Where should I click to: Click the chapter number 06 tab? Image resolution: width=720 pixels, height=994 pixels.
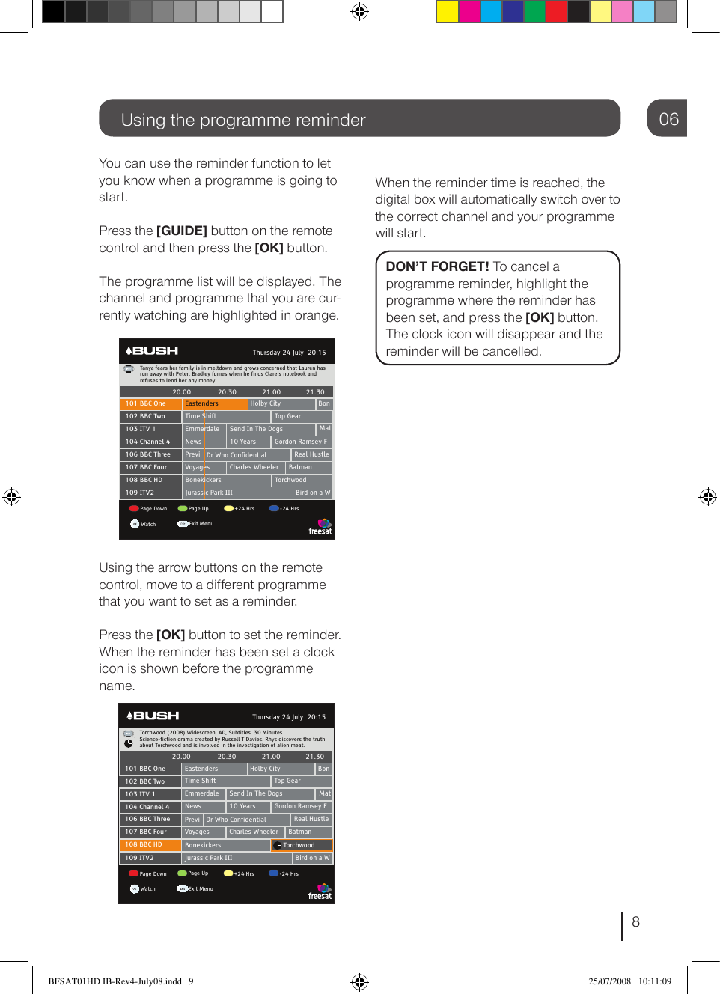[x=668, y=119]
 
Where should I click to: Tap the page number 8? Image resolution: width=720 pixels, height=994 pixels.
[x=635, y=922]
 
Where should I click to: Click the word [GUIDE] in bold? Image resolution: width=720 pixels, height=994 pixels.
[x=181, y=231]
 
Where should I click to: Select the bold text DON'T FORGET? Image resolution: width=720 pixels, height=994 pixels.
[x=437, y=267]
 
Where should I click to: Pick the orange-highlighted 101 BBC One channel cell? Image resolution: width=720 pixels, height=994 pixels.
[x=150, y=404]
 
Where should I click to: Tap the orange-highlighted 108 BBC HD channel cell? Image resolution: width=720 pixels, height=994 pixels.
[x=150, y=845]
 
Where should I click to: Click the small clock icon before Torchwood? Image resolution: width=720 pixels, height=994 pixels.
[x=278, y=845]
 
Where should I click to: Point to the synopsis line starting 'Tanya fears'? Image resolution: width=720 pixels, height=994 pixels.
[x=232, y=368]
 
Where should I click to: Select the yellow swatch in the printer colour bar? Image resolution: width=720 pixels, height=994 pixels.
[x=447, y=11]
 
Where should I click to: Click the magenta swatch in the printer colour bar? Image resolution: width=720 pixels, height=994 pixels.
[x=469, y=11]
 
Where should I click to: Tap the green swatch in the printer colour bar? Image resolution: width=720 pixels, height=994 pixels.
[x=534, y=11]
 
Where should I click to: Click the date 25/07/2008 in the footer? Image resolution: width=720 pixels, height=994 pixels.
[x=609, y=981]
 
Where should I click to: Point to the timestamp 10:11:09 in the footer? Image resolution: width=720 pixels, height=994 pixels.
[x=654, y=981]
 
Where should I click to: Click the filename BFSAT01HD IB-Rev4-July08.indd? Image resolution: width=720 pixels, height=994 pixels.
[x=115, y=981]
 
